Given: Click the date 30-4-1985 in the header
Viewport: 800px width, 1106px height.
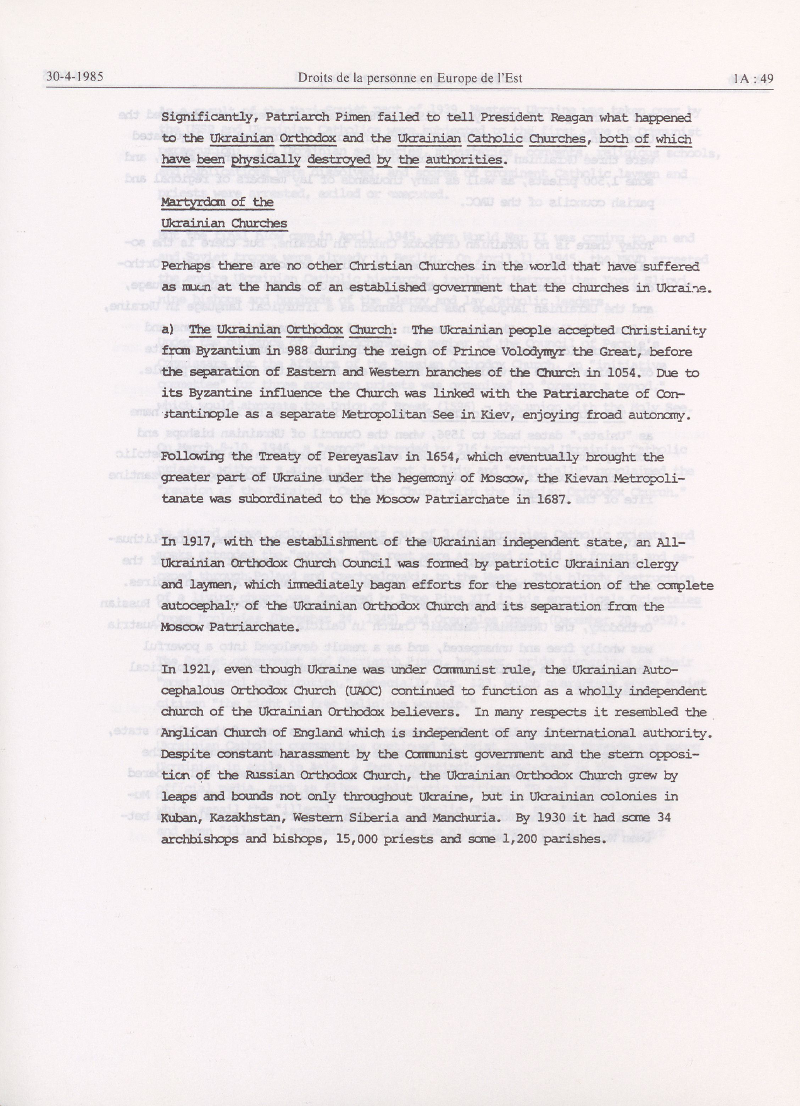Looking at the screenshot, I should click(x=73, y=78).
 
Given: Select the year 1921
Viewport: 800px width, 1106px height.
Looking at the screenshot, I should click(x=199, y=670).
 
